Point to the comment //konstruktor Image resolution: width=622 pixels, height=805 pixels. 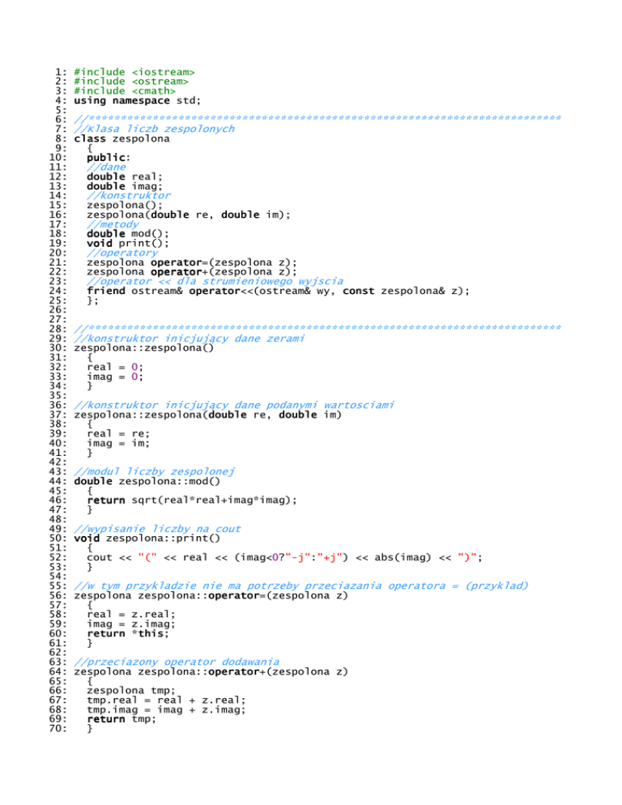click(129, 195)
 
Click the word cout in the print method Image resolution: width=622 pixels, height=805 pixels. click(100, 556)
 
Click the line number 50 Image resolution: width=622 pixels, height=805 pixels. click(57, 538)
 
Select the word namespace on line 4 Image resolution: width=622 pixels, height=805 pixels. click(141, 100)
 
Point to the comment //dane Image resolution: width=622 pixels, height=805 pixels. click(106, 167)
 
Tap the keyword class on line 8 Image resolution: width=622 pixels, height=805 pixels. click(90, 138)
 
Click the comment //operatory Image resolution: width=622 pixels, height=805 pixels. click(122, 252)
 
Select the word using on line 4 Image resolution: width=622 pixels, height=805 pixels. click(90, 100)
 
